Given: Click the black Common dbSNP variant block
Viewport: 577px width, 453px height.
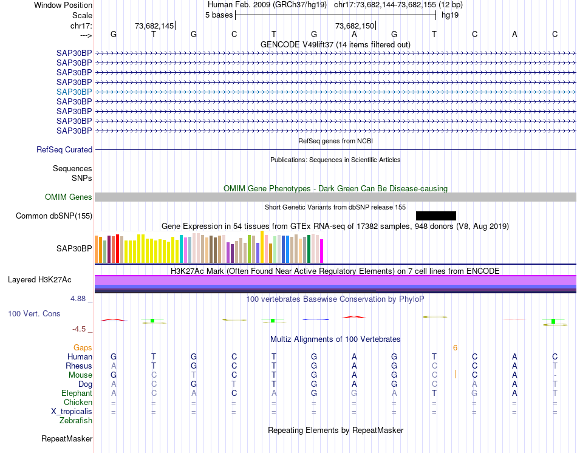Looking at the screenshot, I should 435,216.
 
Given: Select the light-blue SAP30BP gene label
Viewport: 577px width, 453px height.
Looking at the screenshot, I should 74,92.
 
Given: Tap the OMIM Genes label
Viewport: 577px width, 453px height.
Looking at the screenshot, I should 69,197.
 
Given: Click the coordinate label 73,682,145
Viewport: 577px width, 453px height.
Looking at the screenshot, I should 154,26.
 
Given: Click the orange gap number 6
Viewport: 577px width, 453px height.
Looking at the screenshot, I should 455,347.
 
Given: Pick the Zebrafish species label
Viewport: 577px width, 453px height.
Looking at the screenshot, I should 76,421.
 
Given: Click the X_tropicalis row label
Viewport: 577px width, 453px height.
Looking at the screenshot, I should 72,412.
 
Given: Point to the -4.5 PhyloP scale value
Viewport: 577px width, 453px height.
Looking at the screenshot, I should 80,329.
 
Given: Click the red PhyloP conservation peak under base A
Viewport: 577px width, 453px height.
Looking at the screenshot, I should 354,316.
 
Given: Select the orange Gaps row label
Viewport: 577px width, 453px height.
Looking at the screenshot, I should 83,347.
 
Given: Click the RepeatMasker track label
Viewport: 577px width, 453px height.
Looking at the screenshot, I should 67,438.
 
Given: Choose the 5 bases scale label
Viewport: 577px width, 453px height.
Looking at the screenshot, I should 219,15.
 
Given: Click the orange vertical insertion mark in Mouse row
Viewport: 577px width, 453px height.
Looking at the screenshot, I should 456,375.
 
